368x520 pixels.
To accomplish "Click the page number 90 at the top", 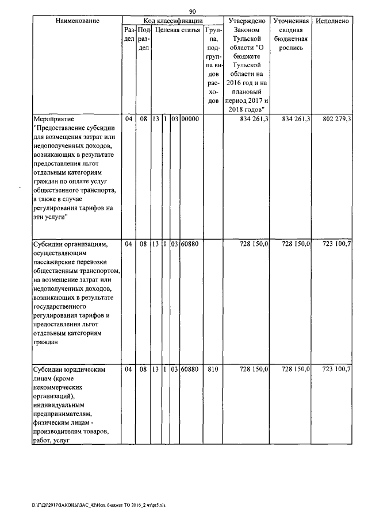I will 193,11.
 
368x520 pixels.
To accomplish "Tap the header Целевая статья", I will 175,30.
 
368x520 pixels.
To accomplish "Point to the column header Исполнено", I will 333,21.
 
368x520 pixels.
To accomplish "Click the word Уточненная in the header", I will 291,21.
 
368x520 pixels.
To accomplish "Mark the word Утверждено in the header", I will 246,21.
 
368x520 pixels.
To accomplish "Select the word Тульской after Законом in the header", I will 246,38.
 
